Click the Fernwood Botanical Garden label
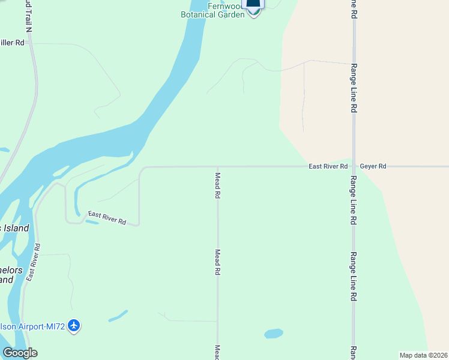point(213,10)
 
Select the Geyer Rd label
point(373,166)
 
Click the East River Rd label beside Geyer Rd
point(328,166)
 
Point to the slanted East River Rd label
point(107,217)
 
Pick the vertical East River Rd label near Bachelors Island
point(33,263)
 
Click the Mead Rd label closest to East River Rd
point(218,185)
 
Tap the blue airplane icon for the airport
point(74,326)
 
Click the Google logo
point(20,353)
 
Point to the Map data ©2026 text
point(423,355)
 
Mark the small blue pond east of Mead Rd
point(273,333)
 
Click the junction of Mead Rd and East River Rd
point(218,167)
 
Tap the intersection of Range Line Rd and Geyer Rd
point(354,166)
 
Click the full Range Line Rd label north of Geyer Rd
point(354,88)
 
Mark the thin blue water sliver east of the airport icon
point(118,316)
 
